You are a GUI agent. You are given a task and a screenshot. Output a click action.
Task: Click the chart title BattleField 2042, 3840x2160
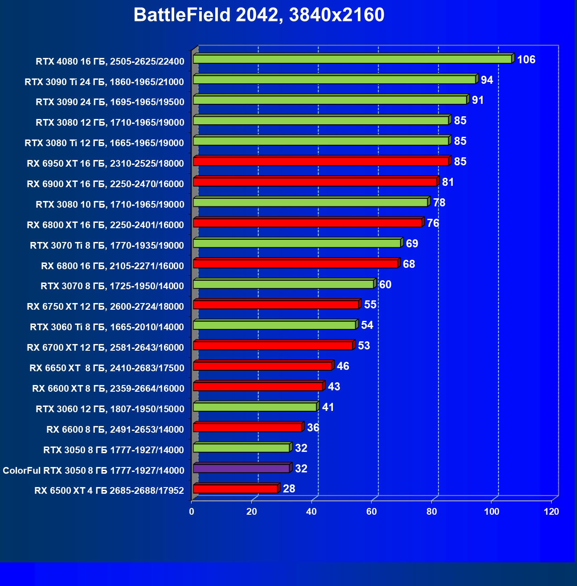point(258,15)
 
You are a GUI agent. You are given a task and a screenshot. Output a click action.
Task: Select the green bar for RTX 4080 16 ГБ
point(352,59)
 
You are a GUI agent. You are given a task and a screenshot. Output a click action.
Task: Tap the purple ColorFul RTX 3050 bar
point(241,468)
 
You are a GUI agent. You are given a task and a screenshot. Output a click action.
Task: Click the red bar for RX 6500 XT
point(235,489)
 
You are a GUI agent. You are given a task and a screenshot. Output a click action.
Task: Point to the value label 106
point(526,60)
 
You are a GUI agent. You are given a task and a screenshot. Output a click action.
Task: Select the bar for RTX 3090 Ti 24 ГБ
point(334,80)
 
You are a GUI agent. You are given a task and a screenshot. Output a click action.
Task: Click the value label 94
point(487,80)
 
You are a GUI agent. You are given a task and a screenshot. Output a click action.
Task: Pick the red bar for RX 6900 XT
point(315,182)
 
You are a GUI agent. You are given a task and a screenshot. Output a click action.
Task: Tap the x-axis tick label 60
point(372,512)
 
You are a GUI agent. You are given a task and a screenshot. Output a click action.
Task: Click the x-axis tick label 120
point(552,512)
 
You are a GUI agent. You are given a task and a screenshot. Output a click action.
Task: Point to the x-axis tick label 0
point(192,512)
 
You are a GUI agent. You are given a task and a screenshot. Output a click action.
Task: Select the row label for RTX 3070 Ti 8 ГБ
point(107,246)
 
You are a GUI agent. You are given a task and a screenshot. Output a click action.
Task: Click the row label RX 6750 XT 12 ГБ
point(105,307)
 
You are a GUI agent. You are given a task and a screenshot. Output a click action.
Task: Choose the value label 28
point(289,489)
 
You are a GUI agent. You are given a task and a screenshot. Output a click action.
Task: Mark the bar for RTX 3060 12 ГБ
point(254,407)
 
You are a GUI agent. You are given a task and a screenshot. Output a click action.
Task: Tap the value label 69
point(412,244)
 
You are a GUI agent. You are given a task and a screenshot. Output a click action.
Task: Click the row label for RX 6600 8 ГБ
point(115,430)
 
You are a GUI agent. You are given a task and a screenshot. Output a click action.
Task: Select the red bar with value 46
point(262,366)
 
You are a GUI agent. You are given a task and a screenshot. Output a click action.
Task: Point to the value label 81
point(448,182)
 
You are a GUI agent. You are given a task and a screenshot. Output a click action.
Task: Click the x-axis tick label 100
point(491,512)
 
